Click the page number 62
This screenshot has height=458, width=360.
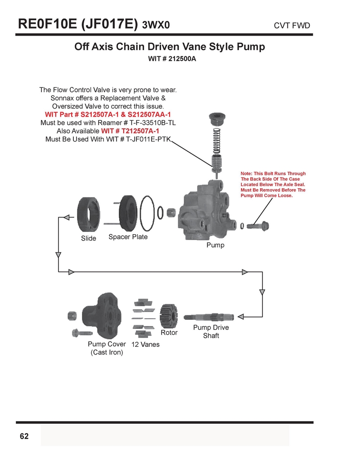(x=24, y=436)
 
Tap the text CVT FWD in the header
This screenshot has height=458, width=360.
(x=292, y=26)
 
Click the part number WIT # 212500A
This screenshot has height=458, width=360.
(x=172, y=59)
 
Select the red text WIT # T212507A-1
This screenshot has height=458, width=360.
(x=130, y=131)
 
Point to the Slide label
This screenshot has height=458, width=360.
(x=89, y=238)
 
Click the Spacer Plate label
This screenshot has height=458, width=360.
(x=128, y=237)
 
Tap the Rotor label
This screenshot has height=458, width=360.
(x=169, y=333)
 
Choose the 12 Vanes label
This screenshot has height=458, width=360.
(x=145, y=345)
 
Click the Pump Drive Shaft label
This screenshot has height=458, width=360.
(x=211, y=331)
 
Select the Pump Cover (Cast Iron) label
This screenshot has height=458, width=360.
(x=107, y=348)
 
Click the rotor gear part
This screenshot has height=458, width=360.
(x=169, y=316)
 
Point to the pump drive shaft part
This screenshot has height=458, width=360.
(x=209, y=317)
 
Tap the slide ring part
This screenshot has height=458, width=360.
(x=89, y=215)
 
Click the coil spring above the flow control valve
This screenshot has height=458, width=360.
(x=216, y=141)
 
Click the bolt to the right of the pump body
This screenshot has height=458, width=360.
(x=258, y=226)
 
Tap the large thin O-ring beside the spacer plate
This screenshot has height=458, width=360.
(x=147, y=213)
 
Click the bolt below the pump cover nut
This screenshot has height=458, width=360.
(x=82, y=333)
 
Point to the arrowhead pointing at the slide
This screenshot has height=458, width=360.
(x=67, y=218)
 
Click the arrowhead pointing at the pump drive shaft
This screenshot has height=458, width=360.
(x=241, y=317)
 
